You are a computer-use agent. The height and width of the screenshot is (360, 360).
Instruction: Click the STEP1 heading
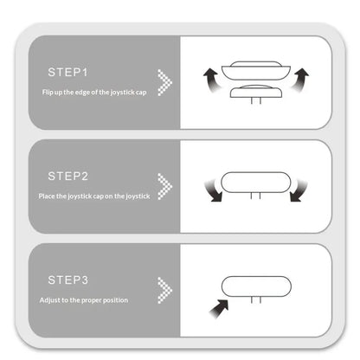(x=67, y=72)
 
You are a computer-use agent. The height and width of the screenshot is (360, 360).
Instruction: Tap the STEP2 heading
(x=68, y=176)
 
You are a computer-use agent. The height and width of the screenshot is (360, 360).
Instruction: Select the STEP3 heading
(x=68, y=280)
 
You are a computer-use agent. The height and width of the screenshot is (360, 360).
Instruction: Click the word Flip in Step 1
(x=48, y=93)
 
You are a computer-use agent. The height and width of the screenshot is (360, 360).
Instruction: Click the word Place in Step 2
(x=47, y=196)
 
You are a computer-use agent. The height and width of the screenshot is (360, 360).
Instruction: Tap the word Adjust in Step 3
(x=49, y=300)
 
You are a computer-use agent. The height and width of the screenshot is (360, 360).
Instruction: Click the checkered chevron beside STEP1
(x=164, y=82)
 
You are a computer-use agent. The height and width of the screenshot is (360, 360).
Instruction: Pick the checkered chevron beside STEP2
(x=164, y=186)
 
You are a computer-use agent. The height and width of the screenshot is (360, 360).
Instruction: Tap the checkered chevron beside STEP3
(x=164, y=290)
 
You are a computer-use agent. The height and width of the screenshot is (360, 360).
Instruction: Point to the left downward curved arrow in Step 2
(x=214, y=191)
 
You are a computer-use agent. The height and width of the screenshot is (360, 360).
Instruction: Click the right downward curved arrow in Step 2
(x=299, y=191)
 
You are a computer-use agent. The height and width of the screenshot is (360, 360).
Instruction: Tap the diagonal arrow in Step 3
(x=219, y=309)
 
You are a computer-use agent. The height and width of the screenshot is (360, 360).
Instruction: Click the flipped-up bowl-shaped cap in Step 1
(x=256, y=71)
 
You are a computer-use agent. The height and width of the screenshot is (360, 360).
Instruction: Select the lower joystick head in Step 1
(x=256, y=91)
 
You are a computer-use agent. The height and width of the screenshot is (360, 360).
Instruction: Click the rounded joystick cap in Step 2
(x=255, y=183)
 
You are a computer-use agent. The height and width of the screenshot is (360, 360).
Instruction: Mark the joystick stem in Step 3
(x=256, y=300)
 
